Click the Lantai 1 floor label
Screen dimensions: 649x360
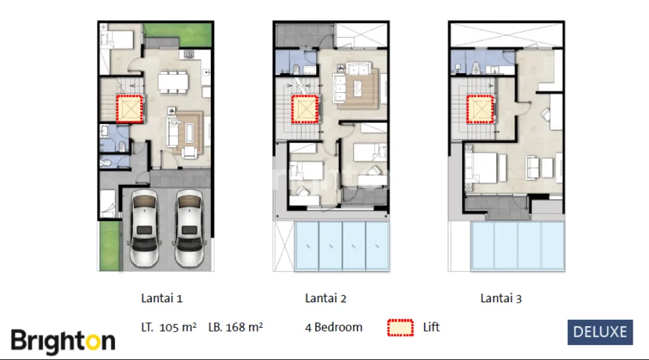point(162,298)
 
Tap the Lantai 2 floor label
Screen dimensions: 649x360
point(326,298)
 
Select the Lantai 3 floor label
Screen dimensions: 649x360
point(501,298)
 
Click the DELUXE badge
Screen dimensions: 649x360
point(600,332)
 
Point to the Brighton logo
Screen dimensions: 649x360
point(63,341)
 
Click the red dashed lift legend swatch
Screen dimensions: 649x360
point(400,328)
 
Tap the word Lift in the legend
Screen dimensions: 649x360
point(432,328)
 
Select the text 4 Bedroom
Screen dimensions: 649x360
point(334,328)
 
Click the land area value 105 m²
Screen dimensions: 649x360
point(178,328)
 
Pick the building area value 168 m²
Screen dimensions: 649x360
point(244,328)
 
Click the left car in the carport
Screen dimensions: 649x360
point(144,228)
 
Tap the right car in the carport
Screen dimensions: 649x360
point(189,228)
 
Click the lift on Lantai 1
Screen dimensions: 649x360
point(130,109)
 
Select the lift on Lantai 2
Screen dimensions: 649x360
point(306,109)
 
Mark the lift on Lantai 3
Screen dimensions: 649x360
point(480,109)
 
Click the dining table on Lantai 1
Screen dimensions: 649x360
point(173,82)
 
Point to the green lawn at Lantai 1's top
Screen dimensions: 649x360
point(178,34)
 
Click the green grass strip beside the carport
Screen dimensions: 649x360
point(110,246)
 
